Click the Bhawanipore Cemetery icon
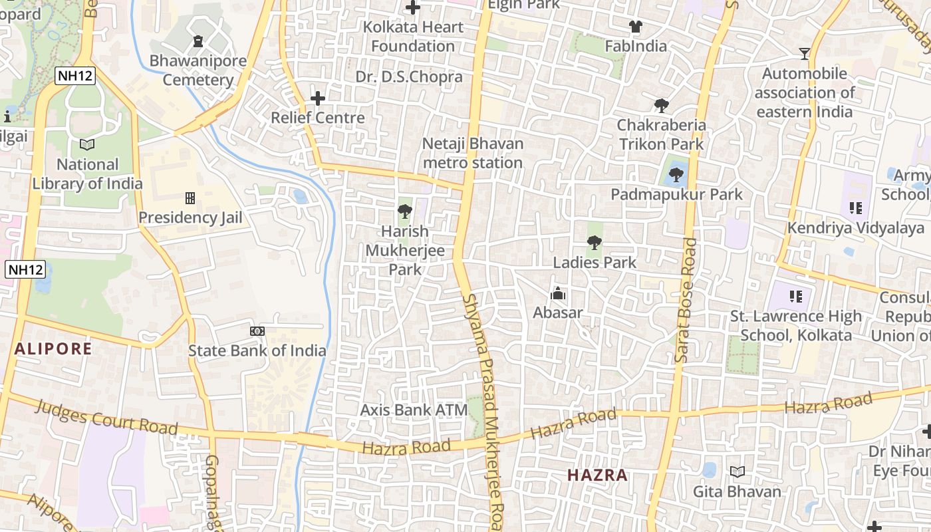198,42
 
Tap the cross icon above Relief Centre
318,98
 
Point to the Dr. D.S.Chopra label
409,76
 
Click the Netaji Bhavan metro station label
473,153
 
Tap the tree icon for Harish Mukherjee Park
404,212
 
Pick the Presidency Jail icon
190,198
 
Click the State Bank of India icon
257,331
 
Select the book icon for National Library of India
87,144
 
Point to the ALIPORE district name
53,348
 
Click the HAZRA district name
597,475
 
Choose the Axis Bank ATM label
414,410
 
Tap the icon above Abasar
557,293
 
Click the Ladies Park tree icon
595,243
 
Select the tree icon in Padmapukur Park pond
676,175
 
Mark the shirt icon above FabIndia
636,27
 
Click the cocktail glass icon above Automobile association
805,53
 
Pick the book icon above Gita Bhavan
737,471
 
